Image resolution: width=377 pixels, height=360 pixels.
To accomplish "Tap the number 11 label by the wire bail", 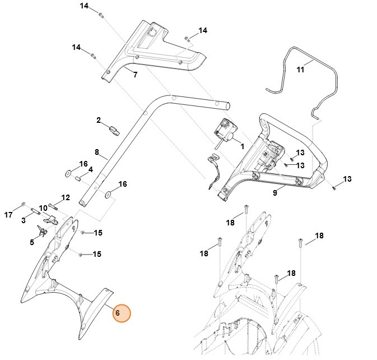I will pyautogui.click(x=301, y=70).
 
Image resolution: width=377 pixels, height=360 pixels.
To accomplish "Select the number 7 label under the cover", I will pyautogui.click(x=134, y=74).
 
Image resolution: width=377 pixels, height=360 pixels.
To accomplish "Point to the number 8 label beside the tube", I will pyautogui.click(x=96, y=152).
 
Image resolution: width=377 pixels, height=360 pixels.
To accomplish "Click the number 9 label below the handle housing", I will pyautogui.click(x=275, y=193).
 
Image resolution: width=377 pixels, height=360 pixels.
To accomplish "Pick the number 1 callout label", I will pyautogui.click(x=242, y=146).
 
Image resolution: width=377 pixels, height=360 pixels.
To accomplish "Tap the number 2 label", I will pyautogui.click(x=99, y=120).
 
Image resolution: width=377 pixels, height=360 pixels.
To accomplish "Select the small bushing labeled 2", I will pyautogui.click(x=114, y=131).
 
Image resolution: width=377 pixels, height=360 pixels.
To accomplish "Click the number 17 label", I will pyautogui.click(x=8, y=214).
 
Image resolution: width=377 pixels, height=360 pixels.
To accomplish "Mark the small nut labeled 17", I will pyautogui.click(x=22, y=203).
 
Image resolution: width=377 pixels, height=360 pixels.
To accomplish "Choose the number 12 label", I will pyautogui.click(x=66, y=197).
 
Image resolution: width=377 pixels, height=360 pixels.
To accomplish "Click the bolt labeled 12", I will pyautogui.click(x=54, y=205).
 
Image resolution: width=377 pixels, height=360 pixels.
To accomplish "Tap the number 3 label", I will pyautogui.click(x=24, y=220).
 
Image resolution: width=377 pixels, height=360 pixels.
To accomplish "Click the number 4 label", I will pyautogui.click(x=90, y=170).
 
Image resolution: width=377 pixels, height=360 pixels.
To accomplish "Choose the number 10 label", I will pyautogui.click(x=43, y=208).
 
